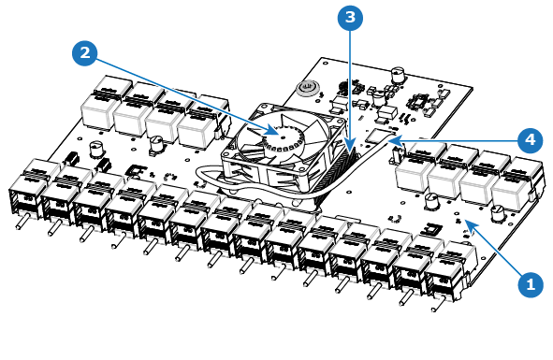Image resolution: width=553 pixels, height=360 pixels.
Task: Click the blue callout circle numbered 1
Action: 531,284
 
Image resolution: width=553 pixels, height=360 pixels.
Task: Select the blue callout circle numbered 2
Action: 85,53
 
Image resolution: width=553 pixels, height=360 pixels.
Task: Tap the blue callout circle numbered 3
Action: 350,17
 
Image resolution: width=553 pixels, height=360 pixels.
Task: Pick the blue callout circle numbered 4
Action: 531,140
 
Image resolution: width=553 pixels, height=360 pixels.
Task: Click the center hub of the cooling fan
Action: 283,137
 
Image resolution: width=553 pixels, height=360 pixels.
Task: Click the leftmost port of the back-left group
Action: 102,102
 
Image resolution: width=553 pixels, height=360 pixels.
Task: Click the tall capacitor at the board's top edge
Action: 399,75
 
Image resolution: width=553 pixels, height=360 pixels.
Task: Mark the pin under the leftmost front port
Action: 22,223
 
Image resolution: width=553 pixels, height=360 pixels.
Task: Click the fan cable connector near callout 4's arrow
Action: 376,136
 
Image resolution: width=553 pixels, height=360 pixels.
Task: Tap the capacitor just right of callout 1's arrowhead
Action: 497,213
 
